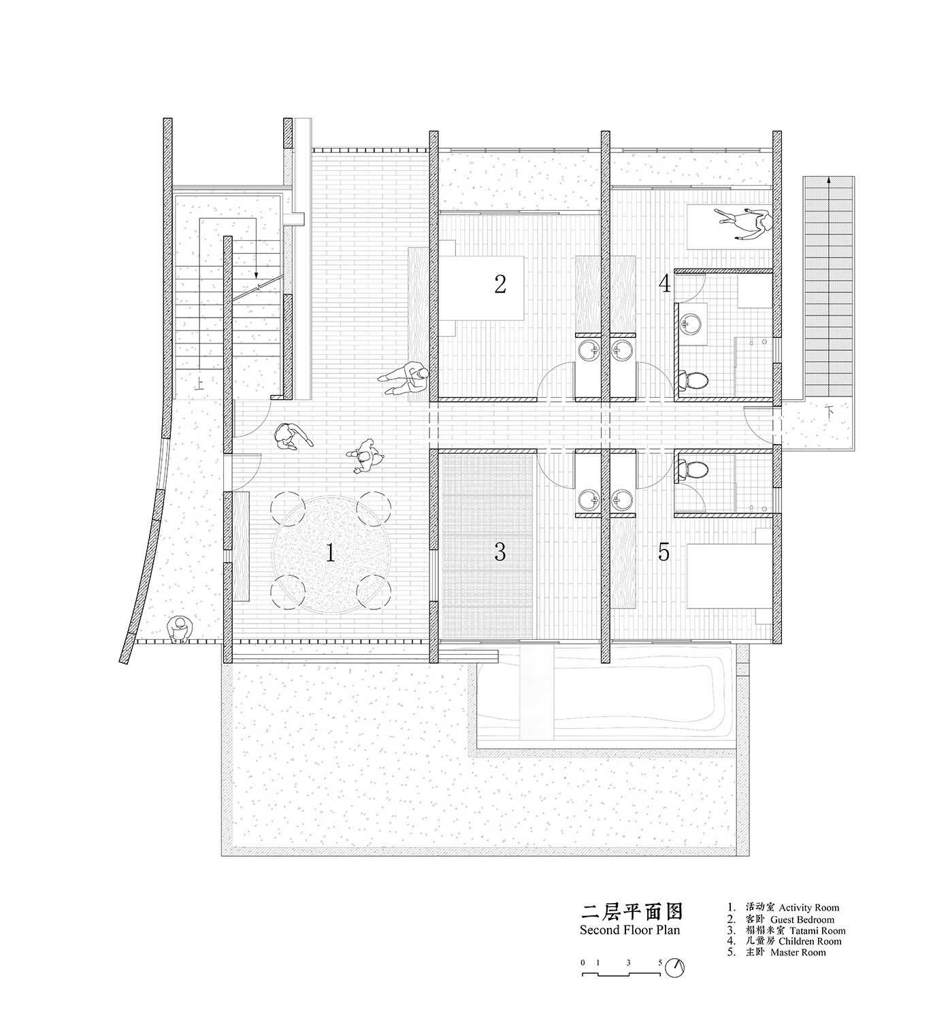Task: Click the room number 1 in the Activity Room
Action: click(330, 553)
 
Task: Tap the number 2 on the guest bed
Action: click(500, 284)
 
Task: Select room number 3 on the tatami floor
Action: click(500, 553)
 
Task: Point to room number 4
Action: click(664, 283)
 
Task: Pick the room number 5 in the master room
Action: click(664, 553)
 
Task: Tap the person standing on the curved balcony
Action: click(180, 629)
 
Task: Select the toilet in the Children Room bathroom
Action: click(692, 379)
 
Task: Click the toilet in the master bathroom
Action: click(692, 469)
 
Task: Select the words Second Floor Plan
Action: click(629, 930)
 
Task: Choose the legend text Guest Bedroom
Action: click(802, 919)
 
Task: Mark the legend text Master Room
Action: click(798, 953)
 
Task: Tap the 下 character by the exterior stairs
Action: click(828, 411)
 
